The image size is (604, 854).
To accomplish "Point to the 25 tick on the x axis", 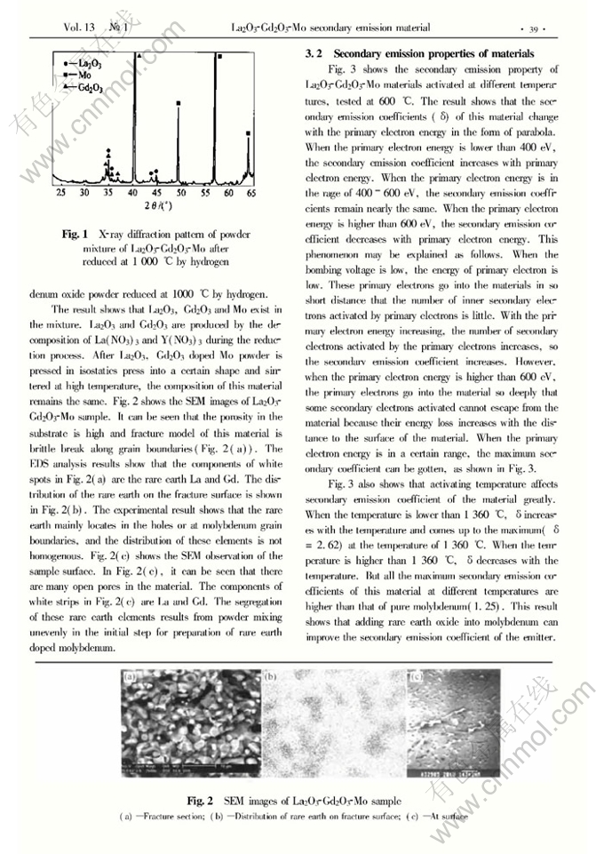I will [61, 193].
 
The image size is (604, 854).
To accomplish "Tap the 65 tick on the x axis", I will [251, 193].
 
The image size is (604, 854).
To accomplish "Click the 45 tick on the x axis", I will [156, 193].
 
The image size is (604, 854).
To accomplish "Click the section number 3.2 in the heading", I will [314, 54].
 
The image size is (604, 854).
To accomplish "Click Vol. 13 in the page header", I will [79, 28].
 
